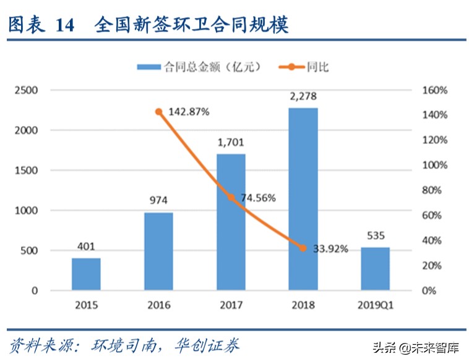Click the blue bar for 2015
click(x=86, y=274)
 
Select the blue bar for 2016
click(x=158, y=251)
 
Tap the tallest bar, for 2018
click(x=303, y=199)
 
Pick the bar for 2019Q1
click(x=376, y=269)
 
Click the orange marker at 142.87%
click(x=158, y=112)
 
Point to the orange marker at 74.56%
click(x=231, y=197)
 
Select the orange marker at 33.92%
click(x=303, y=248)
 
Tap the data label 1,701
click(x=231, y=142)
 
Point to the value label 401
click(x=86, y=247)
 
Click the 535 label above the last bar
click(x=376, y=235)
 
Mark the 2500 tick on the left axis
click(x=27, y=91)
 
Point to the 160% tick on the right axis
click(x=435, y=91)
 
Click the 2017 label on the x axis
click(x=231, y=305)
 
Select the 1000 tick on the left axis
click(x=27, y=211)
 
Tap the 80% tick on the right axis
click(x=435, y=190)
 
